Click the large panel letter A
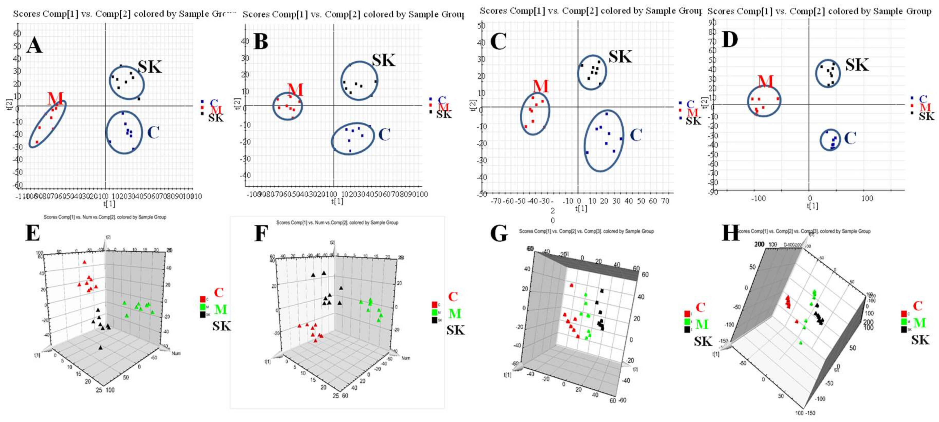click(x=34, y=46)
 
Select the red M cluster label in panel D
click(x=765, y=81)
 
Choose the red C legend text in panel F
click(x=453, y=297)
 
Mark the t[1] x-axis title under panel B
click(x=337, y=201)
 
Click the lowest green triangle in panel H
click(x=801, y=343)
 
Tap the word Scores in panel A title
click(x=27, y=14)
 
